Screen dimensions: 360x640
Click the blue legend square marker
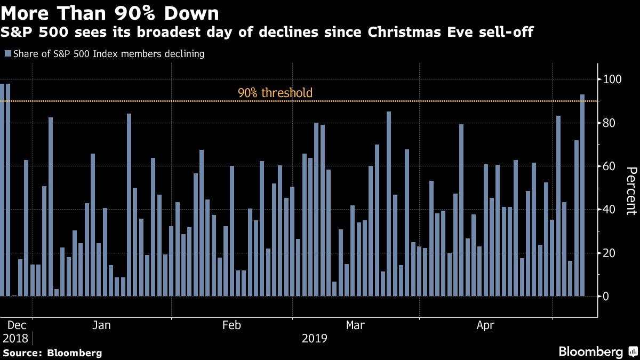(7, 54)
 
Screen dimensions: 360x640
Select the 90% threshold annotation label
(275, 93)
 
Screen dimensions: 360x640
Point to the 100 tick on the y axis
(613, 79)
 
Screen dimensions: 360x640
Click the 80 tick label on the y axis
(610, 123)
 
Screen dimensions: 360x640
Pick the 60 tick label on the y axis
(610, 166)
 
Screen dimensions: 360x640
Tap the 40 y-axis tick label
(610, 210)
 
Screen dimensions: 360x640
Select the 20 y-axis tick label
(610, 253)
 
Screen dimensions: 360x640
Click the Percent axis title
(631, 190)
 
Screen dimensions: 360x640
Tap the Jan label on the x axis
(102, 325)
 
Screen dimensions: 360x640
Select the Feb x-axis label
(232, 325)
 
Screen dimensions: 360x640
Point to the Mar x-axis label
(356, 325)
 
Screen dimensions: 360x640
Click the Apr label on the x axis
(486, 325)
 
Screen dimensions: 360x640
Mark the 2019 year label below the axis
(315, 338)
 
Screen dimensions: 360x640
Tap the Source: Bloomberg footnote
(53, 353)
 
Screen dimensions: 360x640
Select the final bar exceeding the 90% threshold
(582, 195)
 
